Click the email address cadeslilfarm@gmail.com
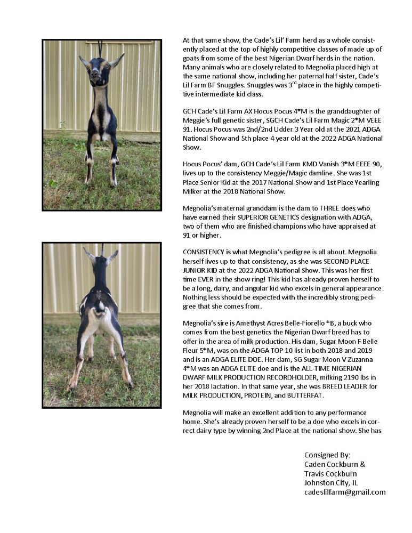coord(344,492)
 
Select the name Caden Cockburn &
coord(334,464)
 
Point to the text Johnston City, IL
coord(331,483)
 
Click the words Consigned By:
coord(327,455)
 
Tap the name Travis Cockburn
coord(330,473)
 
